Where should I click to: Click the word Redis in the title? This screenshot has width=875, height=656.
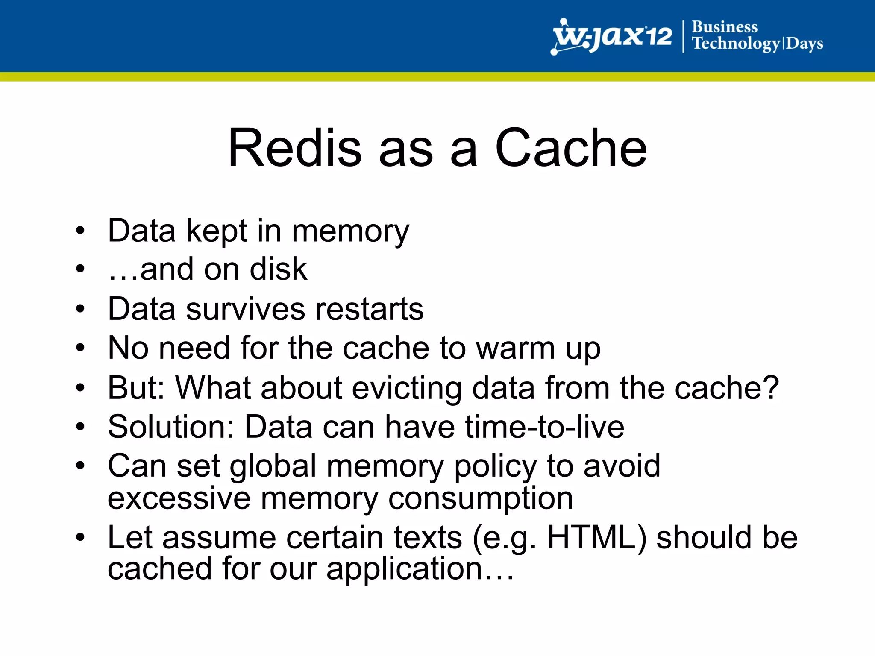[295, 148]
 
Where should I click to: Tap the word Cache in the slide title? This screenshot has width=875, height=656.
[571, 148]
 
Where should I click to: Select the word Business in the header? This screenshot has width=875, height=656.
[725, 27]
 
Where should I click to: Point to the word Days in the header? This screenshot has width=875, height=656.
[805, 44]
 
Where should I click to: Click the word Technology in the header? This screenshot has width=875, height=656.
[736, 44]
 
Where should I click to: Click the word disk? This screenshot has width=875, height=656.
[278, 269]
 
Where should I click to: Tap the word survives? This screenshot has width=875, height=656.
[245, 309]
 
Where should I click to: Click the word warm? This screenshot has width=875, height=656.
[516, 348]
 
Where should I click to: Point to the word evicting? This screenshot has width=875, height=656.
[407, 388]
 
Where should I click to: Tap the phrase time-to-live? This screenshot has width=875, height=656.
[545, 427]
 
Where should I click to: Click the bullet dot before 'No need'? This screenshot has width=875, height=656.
[80, 348]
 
